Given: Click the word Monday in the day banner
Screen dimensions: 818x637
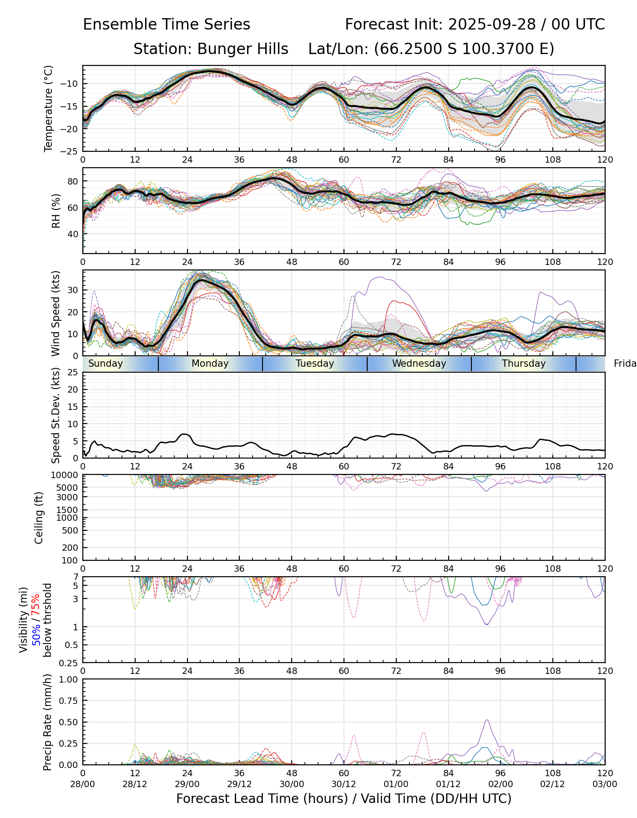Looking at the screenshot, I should (210, 364).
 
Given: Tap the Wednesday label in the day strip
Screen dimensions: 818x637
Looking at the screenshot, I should (419, 364).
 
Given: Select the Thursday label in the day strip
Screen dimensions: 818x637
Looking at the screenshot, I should (524, 364).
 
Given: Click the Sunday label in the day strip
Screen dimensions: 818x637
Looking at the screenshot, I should (106, 364).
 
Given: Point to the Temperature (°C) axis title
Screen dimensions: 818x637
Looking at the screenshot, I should (49, 108).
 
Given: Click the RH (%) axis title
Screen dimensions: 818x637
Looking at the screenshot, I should (56, 211).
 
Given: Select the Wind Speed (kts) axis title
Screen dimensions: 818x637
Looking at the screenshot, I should (56, 313).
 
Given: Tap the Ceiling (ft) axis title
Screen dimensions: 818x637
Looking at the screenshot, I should (39, 518).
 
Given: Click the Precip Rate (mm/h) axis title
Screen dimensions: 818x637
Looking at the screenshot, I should (47, 722).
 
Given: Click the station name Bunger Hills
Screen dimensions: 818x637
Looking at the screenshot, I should (211, 49).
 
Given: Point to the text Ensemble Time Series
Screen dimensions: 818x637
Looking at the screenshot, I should (167, 25).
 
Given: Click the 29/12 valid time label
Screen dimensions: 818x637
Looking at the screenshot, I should (239, 784).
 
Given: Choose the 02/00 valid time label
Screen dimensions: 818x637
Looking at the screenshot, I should (500, 784).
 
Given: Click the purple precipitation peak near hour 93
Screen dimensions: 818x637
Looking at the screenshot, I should (487, 720).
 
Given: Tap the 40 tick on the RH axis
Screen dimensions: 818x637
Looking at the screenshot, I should (72, 234).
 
